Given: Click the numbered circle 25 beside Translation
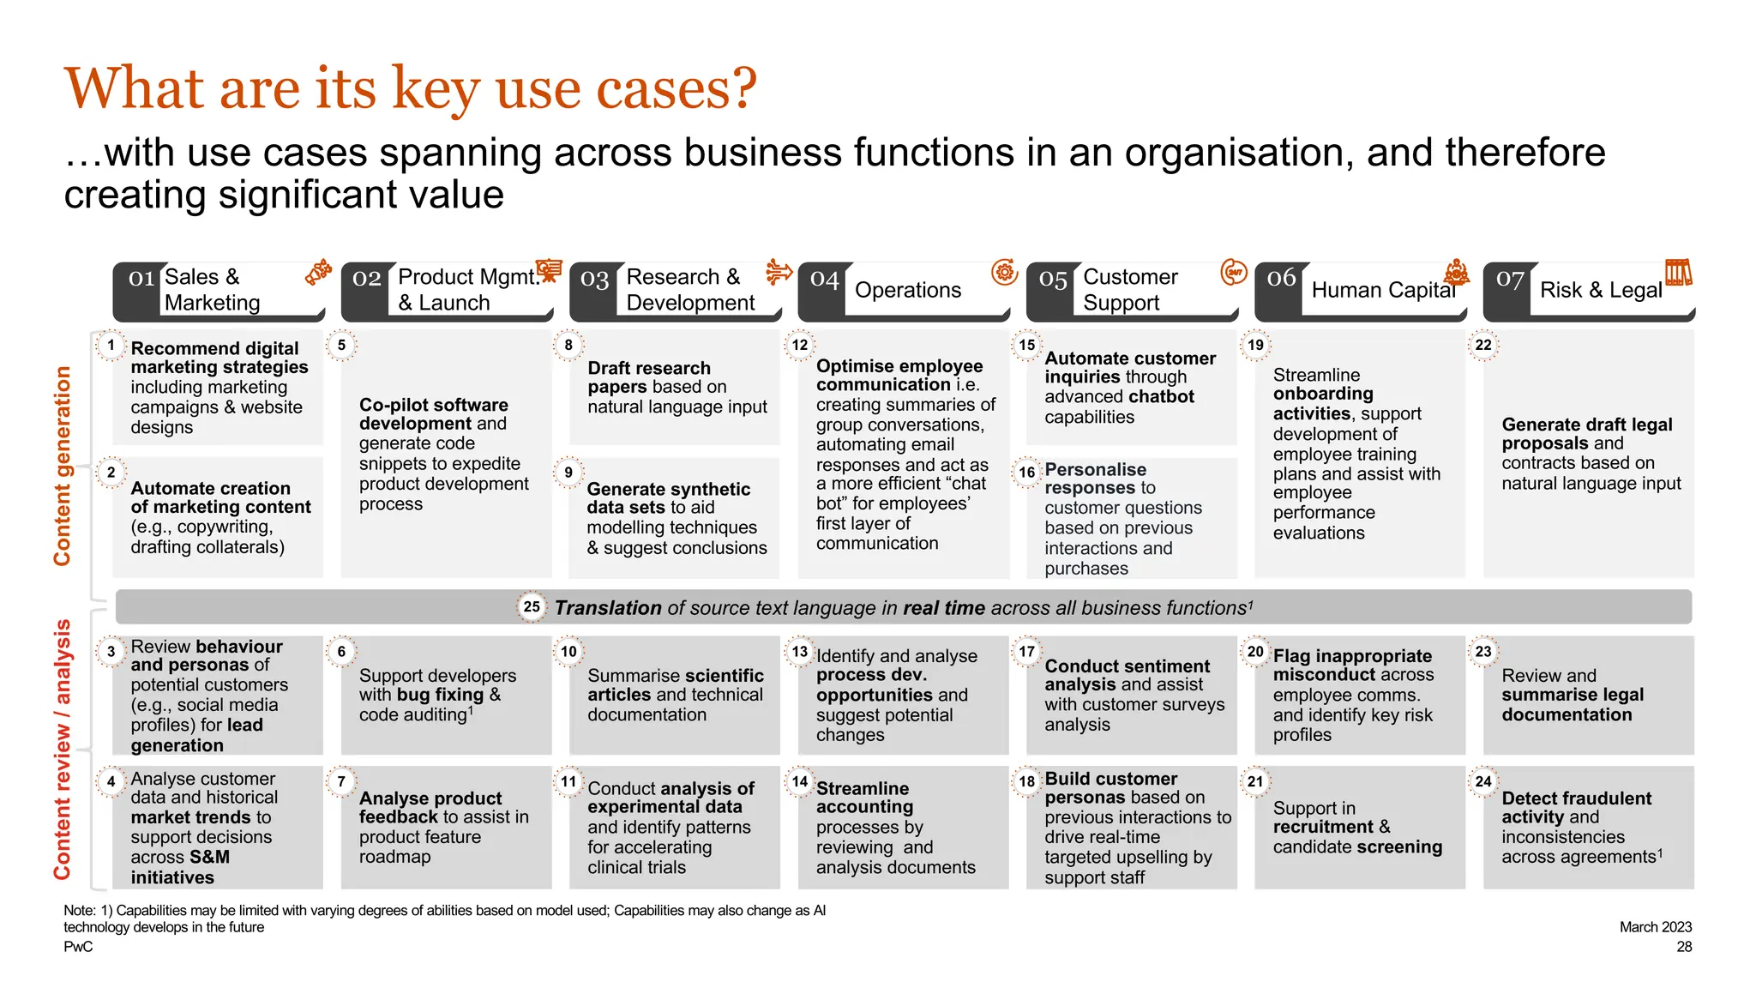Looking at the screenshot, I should click(532, 607).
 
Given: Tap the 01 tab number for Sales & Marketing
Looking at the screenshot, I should click(141, 279).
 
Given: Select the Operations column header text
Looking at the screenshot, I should click(908, 290).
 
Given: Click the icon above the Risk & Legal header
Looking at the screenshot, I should click(1678, 273).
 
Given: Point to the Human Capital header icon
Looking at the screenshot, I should click(1456, 274).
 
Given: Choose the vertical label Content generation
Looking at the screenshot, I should click(63, 466).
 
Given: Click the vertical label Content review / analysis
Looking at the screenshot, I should click(63, 749).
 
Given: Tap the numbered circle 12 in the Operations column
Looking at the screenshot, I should click(800, 345).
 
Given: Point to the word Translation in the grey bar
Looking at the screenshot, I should click(608, 608).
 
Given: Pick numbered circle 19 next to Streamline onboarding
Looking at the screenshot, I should click(1256, 345).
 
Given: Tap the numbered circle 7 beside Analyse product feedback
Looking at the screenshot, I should click(341, 781).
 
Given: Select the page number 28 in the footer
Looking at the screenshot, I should click(1684, 947).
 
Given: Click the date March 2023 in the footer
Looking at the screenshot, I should click(1655, 927).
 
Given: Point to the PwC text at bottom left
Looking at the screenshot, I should click(78, 947).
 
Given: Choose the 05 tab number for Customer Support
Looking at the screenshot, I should click(1053, 279).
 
